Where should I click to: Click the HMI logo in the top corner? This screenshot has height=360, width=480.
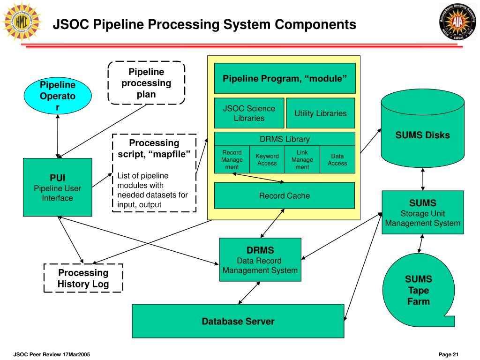click(x=22, y=22)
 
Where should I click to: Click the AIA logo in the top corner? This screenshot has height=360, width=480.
click(x=457, y=22)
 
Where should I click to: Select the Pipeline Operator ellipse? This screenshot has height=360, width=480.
click(x=58, y=96)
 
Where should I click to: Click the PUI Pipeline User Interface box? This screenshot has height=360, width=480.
click(x=58, y=187)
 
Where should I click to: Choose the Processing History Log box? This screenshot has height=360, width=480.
click(x=83, y=278)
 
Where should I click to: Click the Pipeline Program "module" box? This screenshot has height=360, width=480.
click(x=285, y=78)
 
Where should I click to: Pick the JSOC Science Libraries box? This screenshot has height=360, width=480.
click(x=249, y=113)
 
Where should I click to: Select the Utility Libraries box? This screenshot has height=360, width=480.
click(x=321, y=113)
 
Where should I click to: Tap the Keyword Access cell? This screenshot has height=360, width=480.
click(x=267, y=159)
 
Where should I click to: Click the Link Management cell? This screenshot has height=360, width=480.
click(x=302, y=159)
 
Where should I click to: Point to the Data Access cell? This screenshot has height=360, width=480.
click(x=337, y=159)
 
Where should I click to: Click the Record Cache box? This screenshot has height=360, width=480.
click(x=285, y=195)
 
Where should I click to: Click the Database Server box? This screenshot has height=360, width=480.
click(x=238, y=321)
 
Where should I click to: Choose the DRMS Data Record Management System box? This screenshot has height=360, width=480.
click(x=260, y=260)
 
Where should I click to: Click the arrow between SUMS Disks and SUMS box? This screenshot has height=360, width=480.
click(x=423, y=179)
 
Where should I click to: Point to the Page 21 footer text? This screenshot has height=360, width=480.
click(x=449, y=354)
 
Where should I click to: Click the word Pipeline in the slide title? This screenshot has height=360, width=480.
click(x=118, y=24)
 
